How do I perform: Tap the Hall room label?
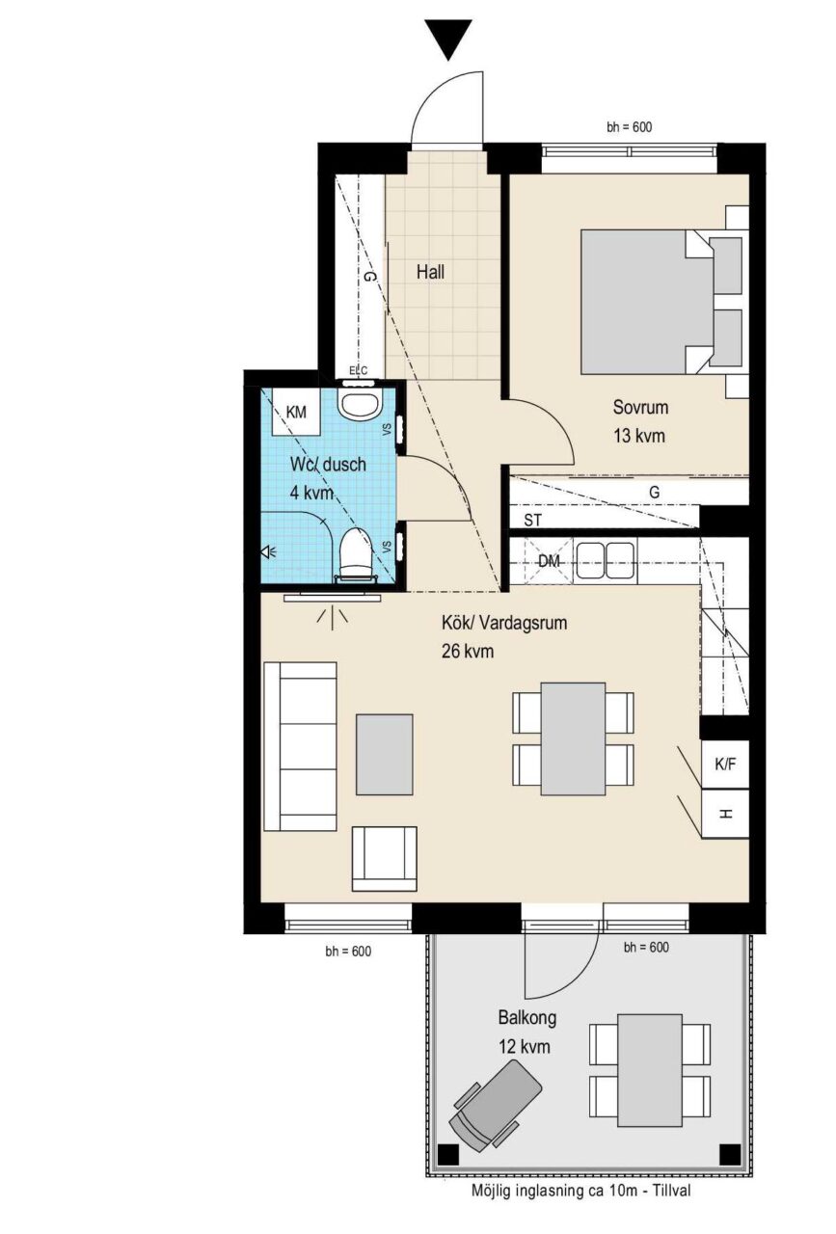click(x=430, y=272)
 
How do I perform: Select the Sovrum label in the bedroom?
click(x=640, y=407)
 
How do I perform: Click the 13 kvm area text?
click(x=638, y=436)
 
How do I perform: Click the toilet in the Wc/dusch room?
click(x=354, y=553)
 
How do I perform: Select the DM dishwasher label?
click(x=549, y=561)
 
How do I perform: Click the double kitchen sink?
click(x=605, y=561)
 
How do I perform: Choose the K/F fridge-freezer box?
click(x=725, y=765)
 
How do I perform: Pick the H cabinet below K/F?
click(x=725, y=814)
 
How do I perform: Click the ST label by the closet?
click(x=532, y=520)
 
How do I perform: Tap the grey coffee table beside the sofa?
click(x=384, y=754)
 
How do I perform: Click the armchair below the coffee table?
click(x=384, y=858)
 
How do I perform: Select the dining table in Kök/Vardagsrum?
click(x=573, y=738)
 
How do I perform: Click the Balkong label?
click(x=526, y=1017)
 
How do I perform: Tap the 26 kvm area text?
click(x=468, y=652)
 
